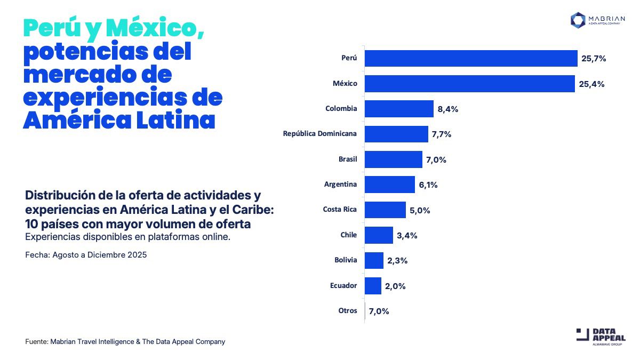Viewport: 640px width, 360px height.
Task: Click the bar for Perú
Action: click(x=471, y=59)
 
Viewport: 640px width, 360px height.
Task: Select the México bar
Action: click(x=469, y=84)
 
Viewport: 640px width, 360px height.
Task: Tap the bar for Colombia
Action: click(x=399, y=109)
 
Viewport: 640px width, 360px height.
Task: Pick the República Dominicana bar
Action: click(x=396, y=134)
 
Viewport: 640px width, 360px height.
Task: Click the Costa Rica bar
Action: click(x=385, y=210)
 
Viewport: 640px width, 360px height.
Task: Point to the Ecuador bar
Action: click(x=373, y=286)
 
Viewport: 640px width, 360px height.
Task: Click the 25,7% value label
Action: click(x=594, y=59)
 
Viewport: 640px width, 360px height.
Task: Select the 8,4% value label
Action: click(x=448, y=109)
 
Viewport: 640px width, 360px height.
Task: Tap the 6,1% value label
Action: click(x=428, y=185)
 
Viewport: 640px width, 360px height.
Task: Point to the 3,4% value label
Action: click(x=407, y=235)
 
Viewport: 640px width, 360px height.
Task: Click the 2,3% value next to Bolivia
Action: click(x=397, y=261)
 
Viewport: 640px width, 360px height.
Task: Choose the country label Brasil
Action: click(x=348, y=159)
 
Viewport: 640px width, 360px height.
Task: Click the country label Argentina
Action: click(x=340, y=185)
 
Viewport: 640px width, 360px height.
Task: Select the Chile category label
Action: click(x=349, y=235)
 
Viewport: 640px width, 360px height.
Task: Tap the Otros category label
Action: click(x=348, y=310)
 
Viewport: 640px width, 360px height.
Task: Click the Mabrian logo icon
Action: click(x=578, y=20)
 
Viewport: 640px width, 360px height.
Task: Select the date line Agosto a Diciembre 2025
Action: click(x=86, y=255)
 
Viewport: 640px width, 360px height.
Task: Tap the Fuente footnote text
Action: click(x=125, y=341)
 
